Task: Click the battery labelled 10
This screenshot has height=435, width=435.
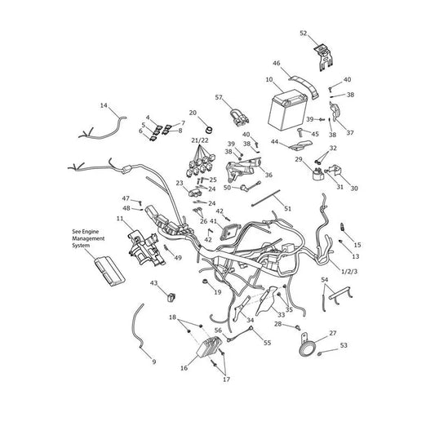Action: pos(287,110)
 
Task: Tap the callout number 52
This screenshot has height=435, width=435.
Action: pos(304,33)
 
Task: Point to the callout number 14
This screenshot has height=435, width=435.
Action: pos(104,105)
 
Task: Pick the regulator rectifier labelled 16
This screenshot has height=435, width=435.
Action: pos(210,346)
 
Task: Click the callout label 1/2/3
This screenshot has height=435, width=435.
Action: pos(349,271)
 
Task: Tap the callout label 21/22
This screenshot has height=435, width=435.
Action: pos(200,140)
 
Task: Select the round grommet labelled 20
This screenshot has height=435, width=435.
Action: pos(208,129)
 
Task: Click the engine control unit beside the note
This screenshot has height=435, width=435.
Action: pos(109,271)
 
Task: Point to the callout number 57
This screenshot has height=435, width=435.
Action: pos(219,97)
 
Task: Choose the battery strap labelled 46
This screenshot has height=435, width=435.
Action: pos(304,86)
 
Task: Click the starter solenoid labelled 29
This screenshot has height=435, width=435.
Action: pos(318,173)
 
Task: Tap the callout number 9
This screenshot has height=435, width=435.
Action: pos(154,362)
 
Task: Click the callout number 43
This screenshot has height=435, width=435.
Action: pos(153,283)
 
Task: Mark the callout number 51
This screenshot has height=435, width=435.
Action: pos(288,208)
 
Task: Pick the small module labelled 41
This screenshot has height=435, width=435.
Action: pos(229,231)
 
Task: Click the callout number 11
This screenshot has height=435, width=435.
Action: pos(120,219)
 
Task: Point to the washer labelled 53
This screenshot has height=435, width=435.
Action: pos(320,353)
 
